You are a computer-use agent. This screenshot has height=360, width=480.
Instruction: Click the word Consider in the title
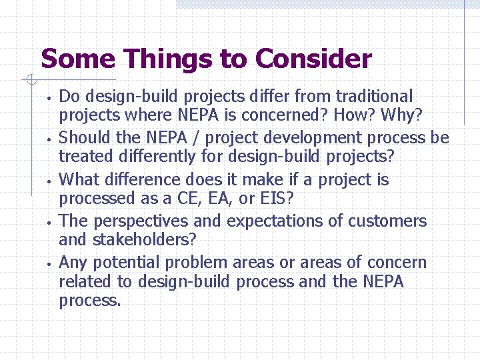(x=313, y=59)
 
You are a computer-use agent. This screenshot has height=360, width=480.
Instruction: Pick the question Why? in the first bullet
(x=401, y=115)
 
